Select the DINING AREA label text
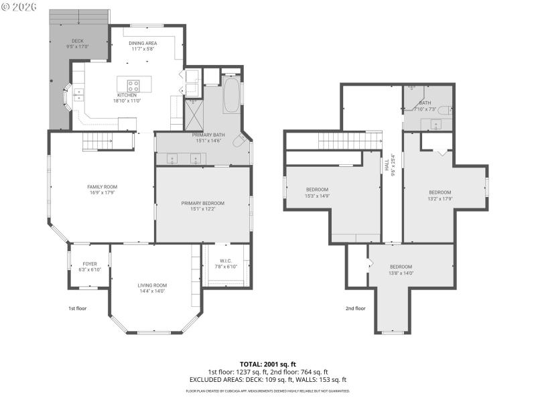(142, 43)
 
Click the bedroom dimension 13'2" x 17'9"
(440, 199)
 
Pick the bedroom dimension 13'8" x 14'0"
(401, 273)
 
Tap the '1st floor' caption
(78, 308)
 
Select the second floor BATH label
(425, 103)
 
